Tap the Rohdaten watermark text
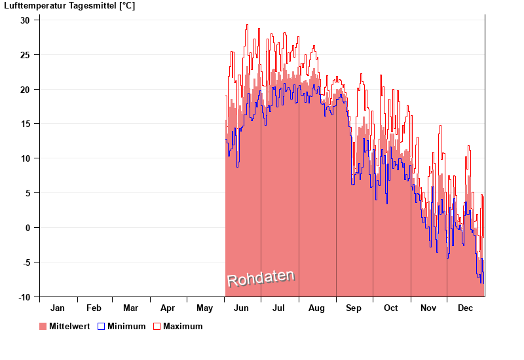pos(261,278)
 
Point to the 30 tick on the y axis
pos(25,20)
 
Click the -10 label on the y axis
pos(24,297)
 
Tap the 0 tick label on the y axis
pos(28,228)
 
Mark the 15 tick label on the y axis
pos(25,124)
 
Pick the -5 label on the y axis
pos(26,262)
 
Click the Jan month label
pos(58,308)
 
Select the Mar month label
pos(130,308)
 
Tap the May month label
pos(205,308)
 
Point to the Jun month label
pos(241,308)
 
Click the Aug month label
pos(316,308)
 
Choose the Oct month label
pos(391,308)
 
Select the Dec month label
pos(465,308)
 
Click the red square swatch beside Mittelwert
pos(43,326)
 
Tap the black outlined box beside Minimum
pos(102,326)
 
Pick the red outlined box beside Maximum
pos(157,326)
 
